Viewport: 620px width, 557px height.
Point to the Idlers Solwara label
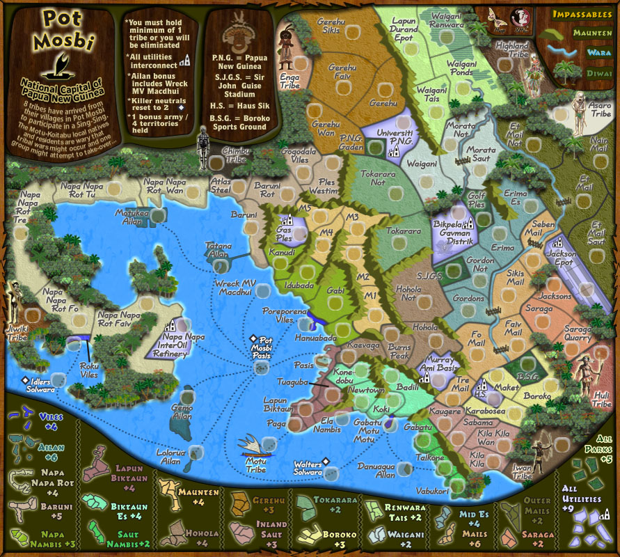pos(38,384)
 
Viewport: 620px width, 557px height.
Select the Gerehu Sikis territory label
pos(329,26)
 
